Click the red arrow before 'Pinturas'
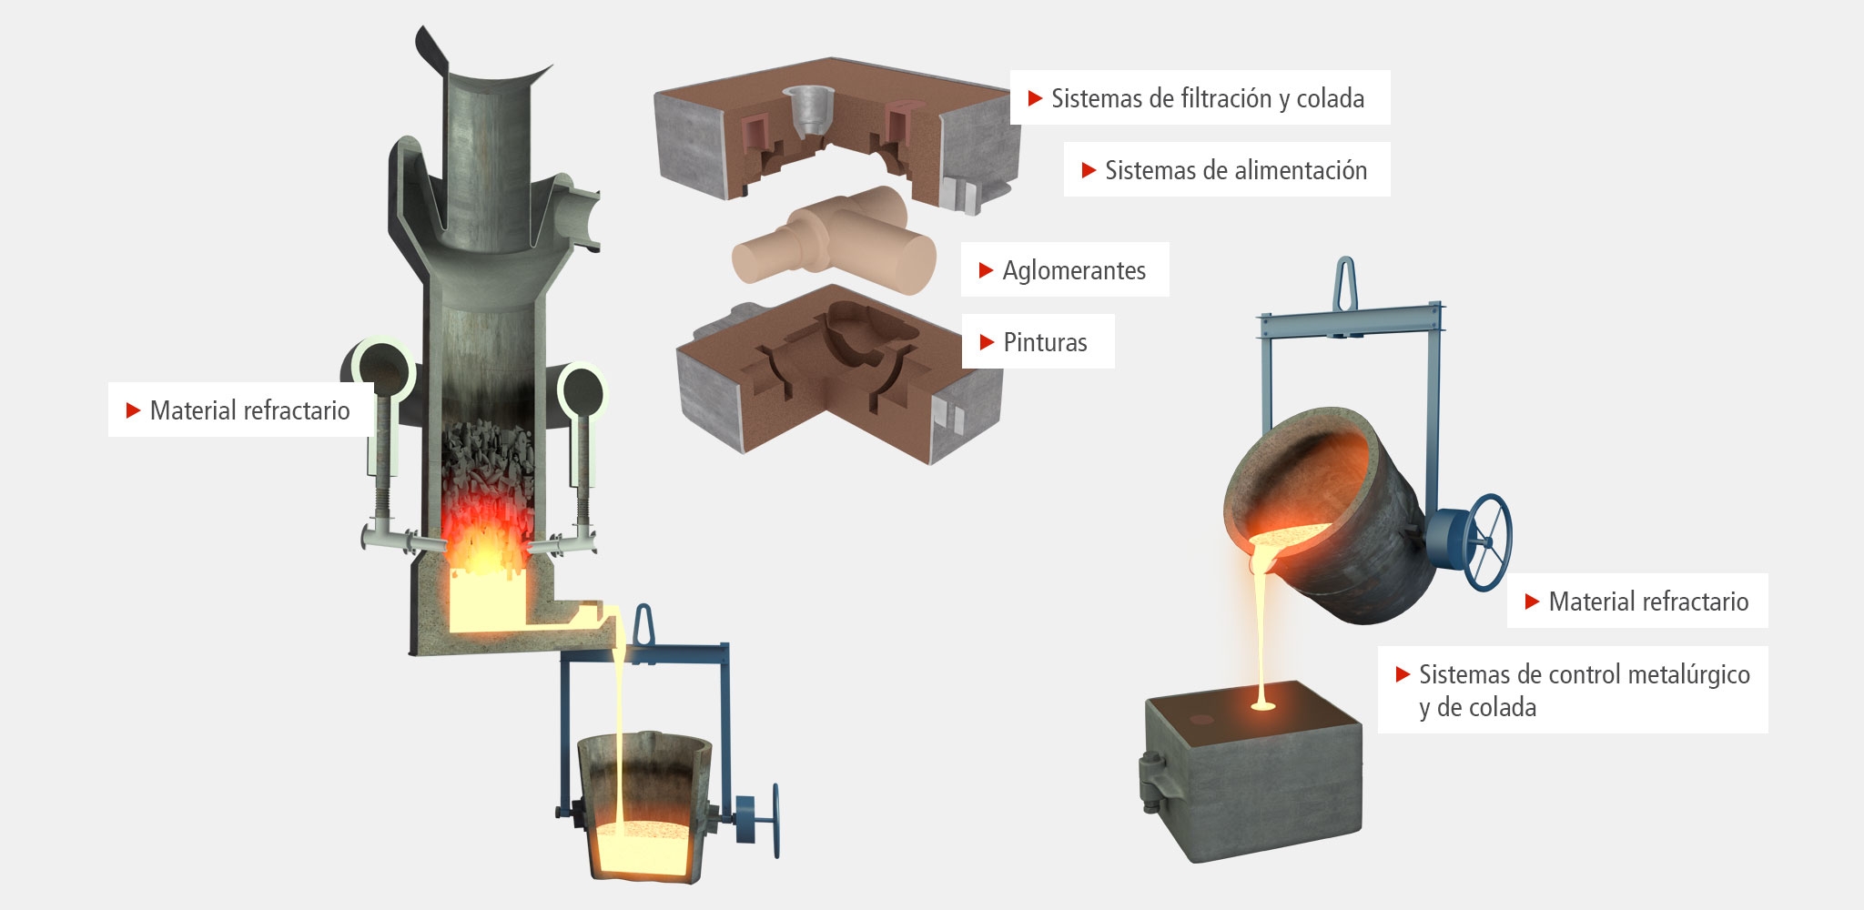[987, 343]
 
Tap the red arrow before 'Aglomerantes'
[986, 270]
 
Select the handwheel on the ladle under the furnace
[770, 819]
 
